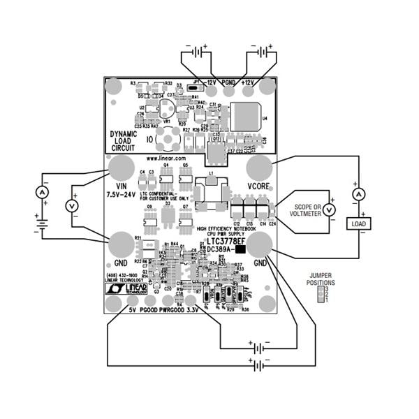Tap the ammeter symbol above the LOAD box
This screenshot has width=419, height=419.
pyautogui.click(x=359, y=195)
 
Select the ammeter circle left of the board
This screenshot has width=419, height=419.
pyautogui.click(x=42, y=192)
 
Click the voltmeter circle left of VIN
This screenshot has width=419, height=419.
pyautogui.click(x=71, y=206)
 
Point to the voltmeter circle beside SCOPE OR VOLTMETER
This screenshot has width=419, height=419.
pyautogui.click(x=332, y=209)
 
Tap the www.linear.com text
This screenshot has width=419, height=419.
pyautogui.click(x=166, y=159)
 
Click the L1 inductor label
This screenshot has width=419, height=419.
pyautogui.click(x=211, y=172)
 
